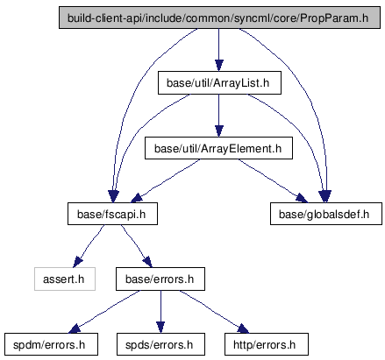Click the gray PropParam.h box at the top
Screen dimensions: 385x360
[x=219, y=18]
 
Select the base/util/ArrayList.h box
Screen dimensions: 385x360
[x=219, y=83]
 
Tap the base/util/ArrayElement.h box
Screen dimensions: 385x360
[x=218, y=148]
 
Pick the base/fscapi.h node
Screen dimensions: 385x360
[x=112, y=214]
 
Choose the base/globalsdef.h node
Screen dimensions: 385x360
[x=326, y=214]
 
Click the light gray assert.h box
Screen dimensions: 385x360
[x=65, y=279]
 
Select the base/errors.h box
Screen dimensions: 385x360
[x=160, y=279]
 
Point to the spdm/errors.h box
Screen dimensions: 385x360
[x=51, y=344]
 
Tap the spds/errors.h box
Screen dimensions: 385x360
[x=160, y=344]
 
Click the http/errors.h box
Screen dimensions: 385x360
[x=267, y=344]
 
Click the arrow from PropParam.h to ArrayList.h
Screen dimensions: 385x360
[x=219, y=50]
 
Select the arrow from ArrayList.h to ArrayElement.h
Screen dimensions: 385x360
[x=219, y=116]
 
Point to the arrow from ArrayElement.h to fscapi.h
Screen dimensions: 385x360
[x=166, y=180]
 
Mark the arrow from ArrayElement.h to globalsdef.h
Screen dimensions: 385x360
[x=274, y=180]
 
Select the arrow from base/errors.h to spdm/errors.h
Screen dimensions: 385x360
[x=103, y=312]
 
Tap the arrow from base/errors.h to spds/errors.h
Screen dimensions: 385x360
[x=160, y=312]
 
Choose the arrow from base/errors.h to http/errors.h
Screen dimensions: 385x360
[x=215, y=312]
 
